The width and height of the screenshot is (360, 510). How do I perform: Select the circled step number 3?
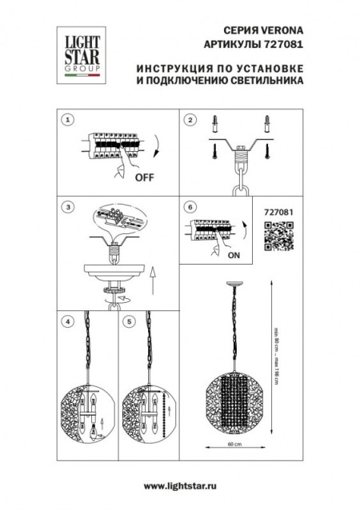69,207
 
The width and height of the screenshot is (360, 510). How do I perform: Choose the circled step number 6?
190,207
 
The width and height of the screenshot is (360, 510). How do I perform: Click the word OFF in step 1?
145,177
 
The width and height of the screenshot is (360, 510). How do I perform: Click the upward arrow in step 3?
153,281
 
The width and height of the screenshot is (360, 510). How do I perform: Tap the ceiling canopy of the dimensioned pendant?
233,285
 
